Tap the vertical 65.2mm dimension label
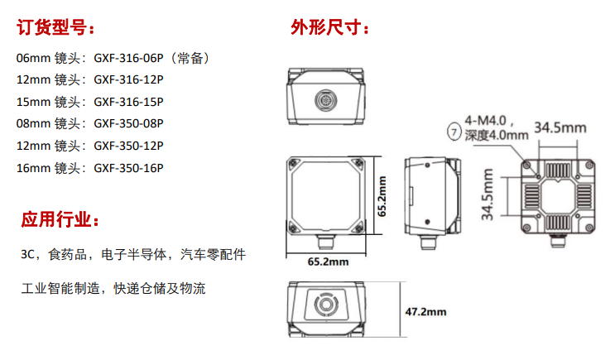[x=382, y=194]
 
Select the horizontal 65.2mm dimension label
[x=328, y=262]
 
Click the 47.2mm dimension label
[x=425, y=312]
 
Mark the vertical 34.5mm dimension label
[x=488, y=195]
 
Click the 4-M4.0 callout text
[x=490, y=121]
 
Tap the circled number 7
[x=454, y=130]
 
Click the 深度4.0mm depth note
[x=495, y=136]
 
